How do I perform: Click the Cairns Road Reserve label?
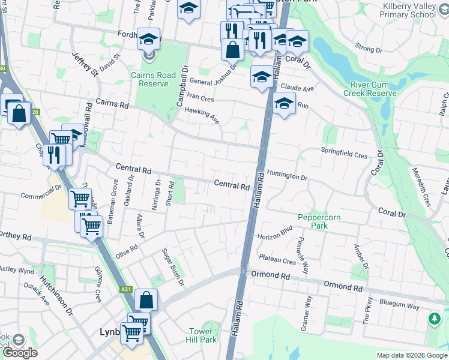tap(150, 79)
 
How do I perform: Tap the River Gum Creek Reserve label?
tap(370, 89)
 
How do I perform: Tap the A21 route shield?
tap(125, 289)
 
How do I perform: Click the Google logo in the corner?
tap(19, 353)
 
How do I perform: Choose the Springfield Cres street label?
tap(344, 155)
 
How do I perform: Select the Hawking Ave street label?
tap(202, 115)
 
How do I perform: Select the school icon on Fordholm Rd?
tap(148, 40)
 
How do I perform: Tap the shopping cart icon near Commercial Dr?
tap(80, 197)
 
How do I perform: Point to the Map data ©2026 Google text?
tap(411, 355)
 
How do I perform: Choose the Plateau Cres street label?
tap(277, 261)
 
